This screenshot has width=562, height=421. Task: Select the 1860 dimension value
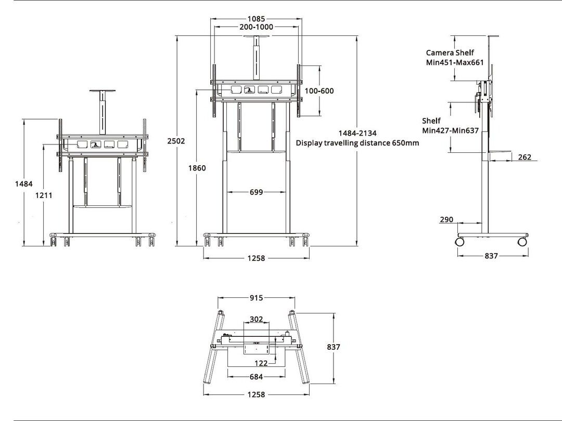[x=197, y=168]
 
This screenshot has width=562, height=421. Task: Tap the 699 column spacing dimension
[x=256, y=192]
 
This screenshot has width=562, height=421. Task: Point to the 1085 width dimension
[x=256, y=19]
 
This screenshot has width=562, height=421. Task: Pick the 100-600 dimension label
[x=319, y=91]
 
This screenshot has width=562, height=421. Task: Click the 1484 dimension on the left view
[x=24, y=183]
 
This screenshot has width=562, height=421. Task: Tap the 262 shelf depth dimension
[x=525, y=157]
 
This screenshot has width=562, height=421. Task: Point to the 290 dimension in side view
[x=446, y=220]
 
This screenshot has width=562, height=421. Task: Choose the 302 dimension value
[x=257, y=319]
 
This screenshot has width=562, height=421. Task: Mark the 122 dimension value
[x=261, y=363]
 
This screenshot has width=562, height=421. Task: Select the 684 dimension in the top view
[x=256, y=377]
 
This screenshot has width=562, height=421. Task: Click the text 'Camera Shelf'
[x=450, y=52]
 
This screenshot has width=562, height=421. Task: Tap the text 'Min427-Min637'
[x=450, y=130]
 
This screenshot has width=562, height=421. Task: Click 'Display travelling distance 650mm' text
[x=357, y=143]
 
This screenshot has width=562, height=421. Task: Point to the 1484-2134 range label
[x=357, y=133]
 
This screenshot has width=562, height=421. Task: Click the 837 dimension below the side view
[x=491, y=256]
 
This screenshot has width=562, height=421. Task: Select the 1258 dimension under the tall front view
[x=256, y=258]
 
